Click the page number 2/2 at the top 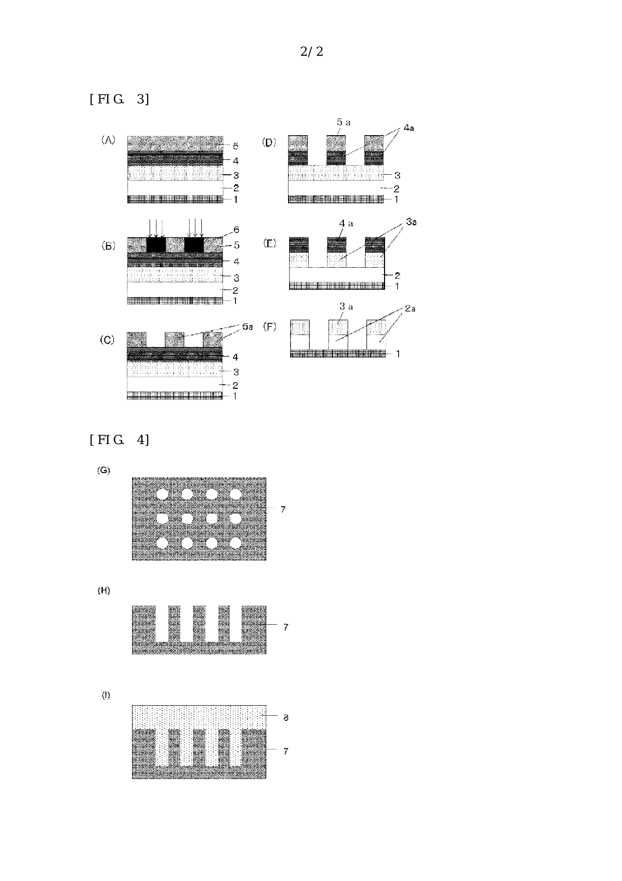311,52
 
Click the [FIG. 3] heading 119,99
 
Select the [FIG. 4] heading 119,440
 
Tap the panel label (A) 108,140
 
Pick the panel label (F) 270,327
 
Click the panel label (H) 104,591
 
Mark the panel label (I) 106,695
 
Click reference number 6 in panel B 236,230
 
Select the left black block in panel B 156,245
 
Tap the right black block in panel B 194,245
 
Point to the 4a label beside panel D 409,128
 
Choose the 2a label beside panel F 410,308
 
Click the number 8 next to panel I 286,718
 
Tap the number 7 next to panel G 283,509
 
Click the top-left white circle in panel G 163,494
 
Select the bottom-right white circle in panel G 236,542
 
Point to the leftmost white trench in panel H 162,624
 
